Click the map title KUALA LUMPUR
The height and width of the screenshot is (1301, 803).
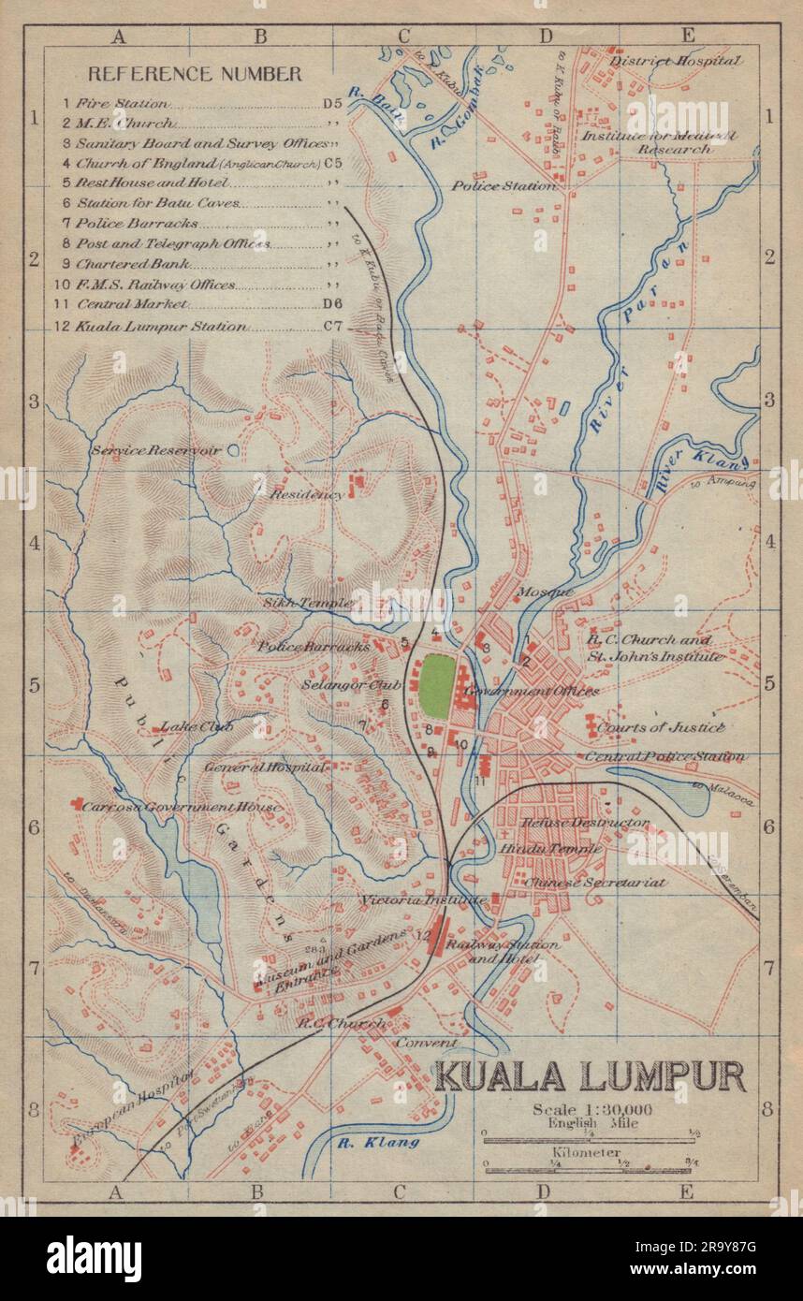coord(590,1075)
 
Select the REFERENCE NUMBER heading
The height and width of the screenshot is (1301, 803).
coord(195,73)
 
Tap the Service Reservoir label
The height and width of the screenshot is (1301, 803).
coord(155,450)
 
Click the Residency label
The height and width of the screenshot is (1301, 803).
coord(306,493)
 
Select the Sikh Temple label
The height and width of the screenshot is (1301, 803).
coord(306,603)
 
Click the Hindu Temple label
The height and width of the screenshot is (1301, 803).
coord(562,848)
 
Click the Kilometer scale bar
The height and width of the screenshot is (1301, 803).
coord(588,1170)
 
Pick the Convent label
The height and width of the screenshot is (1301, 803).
coord(426,1042)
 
